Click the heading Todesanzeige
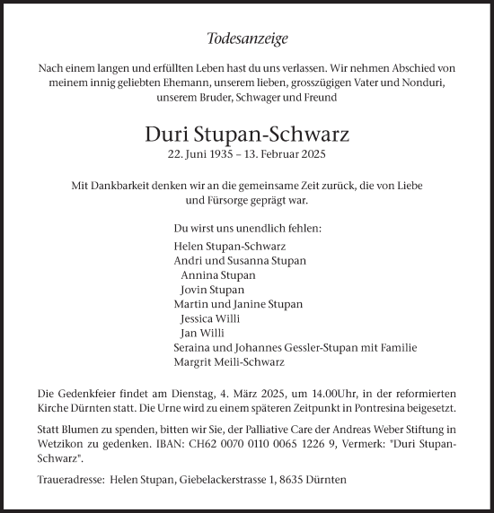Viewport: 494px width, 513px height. point(247,39)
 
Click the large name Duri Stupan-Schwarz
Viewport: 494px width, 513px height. point(247,135)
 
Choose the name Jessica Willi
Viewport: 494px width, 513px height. point(211,318)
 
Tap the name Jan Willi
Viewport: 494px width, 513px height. point(202,333)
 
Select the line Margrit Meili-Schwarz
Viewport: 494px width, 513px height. point(228,362)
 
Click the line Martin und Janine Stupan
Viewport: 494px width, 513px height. point(238,304)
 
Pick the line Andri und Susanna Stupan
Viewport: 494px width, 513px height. point(240,260)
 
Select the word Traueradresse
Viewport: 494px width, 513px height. point(70,481)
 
